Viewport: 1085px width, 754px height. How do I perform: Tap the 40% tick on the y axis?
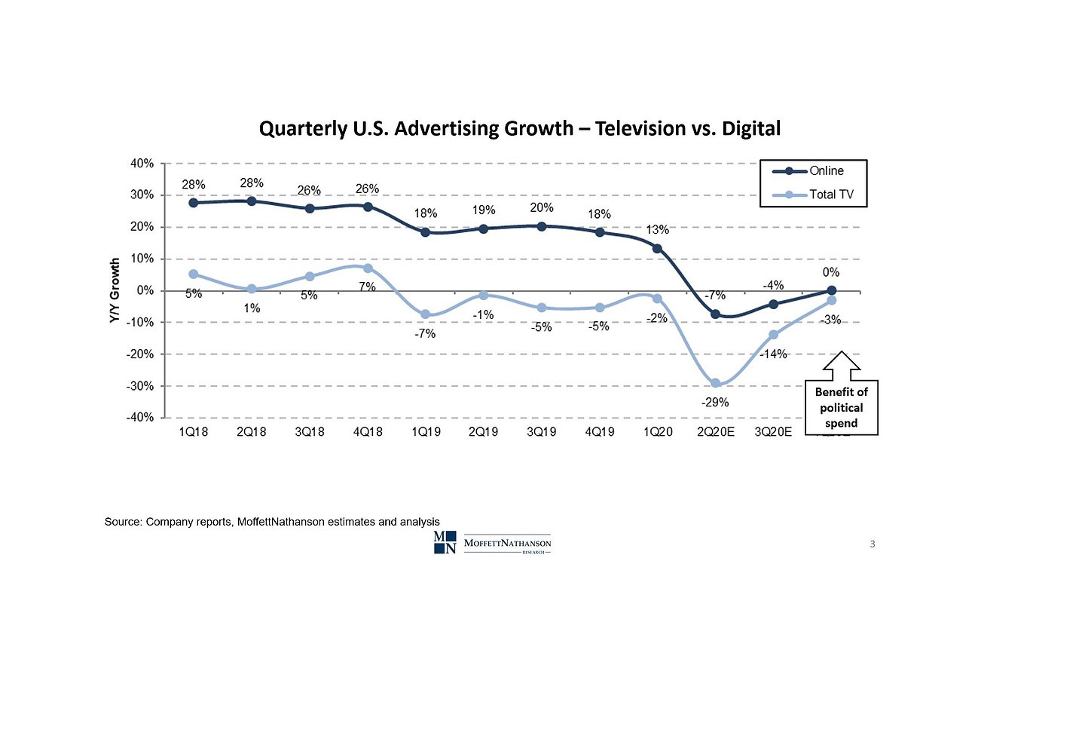tap(142, 164)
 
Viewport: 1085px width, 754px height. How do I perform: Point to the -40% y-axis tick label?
tap(141, 417)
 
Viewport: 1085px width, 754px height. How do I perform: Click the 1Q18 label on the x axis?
tap(193, 432)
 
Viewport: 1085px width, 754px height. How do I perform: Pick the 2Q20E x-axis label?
tap(715, 432)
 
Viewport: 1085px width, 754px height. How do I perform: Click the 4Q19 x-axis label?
tap(599, 432)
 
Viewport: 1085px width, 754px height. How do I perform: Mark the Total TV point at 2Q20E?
tap(715, 384)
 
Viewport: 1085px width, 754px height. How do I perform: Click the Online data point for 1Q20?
tap(657, 249)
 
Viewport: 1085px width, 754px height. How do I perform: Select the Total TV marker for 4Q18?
tap(368, 268)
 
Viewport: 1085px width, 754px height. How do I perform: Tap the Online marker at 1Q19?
tap(425, 232)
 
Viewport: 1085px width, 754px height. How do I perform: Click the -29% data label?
tap(715, 403)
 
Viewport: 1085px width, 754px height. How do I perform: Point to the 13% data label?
tap(657, 230)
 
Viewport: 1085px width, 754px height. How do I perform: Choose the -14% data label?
tap(773, 354)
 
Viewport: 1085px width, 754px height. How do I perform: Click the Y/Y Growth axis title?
tap(115, 290)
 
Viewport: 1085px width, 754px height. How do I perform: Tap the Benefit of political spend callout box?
tap(841, 408)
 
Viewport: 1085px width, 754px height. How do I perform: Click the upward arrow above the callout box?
tap(841, 365)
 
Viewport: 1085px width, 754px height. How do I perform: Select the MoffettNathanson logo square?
tap(445, 542)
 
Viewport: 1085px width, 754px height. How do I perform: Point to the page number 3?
tap(873, 544)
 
